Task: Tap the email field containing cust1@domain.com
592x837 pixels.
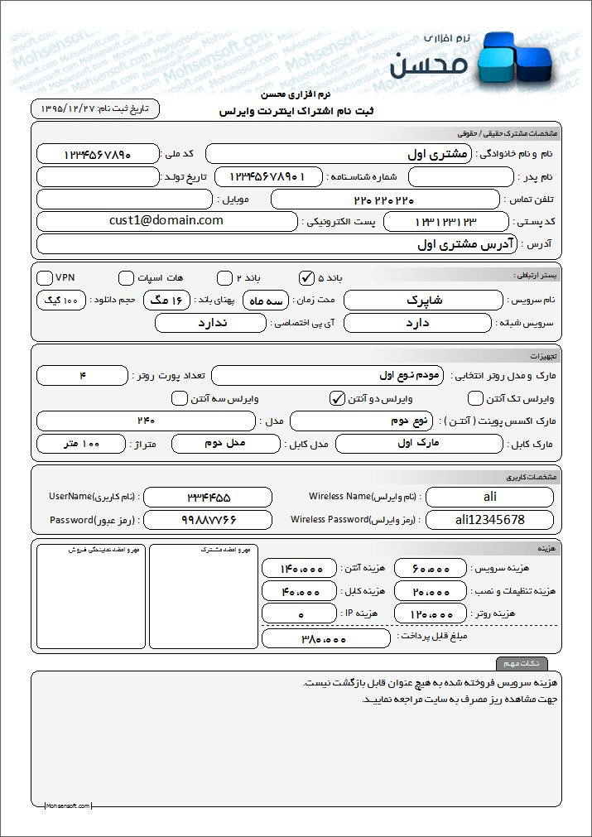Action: pos(166,221)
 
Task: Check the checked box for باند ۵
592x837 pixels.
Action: pos(306,277)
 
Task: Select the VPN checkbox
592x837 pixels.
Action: pos(44,277)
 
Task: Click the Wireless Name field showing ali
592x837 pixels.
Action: pos(489,497)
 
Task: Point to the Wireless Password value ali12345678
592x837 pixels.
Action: pos(489,520)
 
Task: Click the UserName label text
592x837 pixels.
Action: pos(94,497)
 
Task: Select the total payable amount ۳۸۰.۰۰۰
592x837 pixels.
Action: pos(325,638)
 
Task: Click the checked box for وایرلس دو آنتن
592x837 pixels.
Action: pos(337,398)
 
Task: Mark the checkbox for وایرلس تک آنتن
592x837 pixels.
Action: pos(475,398)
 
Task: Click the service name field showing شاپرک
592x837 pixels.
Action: pos(426,300)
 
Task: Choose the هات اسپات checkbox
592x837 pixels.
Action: pos(126,277)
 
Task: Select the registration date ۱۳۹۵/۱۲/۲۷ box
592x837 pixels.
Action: pos(95,109)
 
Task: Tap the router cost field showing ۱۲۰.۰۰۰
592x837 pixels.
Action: pos(431,614)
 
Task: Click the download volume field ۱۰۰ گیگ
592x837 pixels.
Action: pos(61,300)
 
